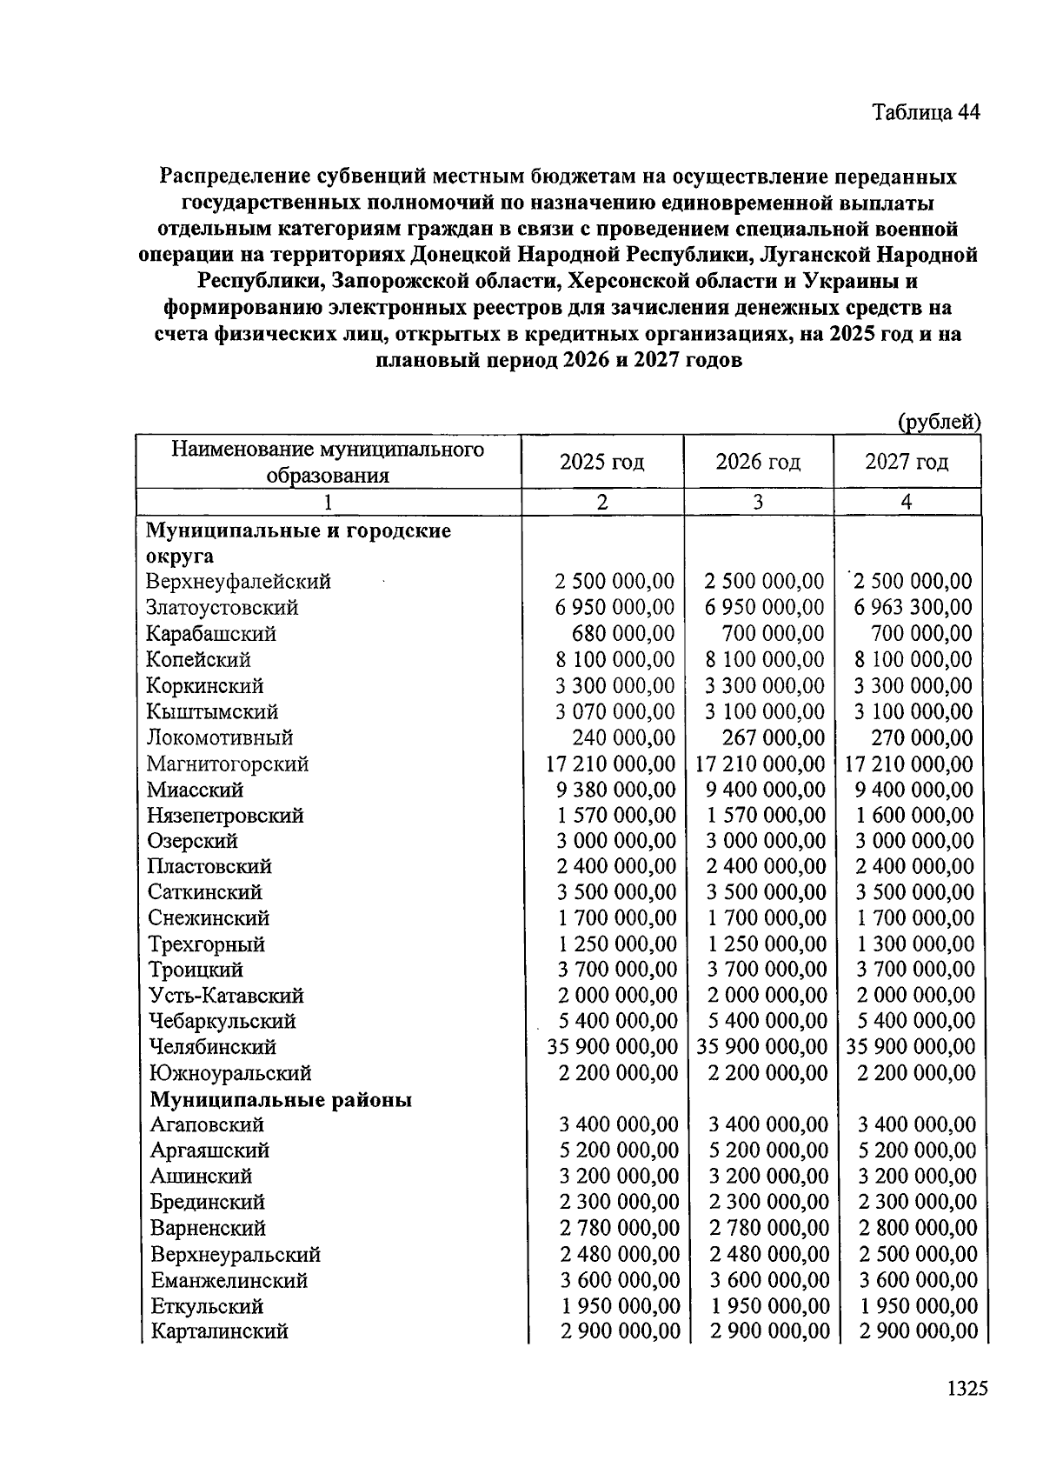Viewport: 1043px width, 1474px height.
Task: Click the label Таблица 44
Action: point(926,113)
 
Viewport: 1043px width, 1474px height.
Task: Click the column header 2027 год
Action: point(907,462)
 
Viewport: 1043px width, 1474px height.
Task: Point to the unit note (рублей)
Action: point(939,423)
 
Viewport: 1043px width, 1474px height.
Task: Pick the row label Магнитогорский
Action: point(228,764)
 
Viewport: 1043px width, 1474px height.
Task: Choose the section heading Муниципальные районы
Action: point(281,1100)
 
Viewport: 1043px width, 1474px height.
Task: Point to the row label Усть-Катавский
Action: point(226,996)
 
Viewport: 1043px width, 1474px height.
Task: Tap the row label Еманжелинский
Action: point(229,1281)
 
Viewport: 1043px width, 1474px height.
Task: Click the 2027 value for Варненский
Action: point(917,1229)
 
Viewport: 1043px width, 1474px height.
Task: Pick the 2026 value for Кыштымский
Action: point(765,712)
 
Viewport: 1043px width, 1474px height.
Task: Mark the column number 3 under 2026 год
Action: point(758,503)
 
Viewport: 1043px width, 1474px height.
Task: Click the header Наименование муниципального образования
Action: point(328,462)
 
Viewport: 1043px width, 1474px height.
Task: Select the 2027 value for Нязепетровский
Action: point(914,816)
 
